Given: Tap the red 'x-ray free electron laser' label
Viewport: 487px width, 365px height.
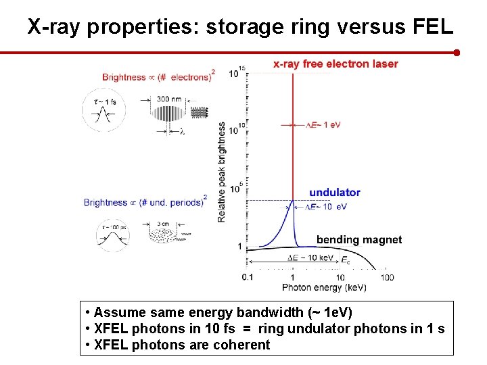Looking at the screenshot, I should pos(335,64).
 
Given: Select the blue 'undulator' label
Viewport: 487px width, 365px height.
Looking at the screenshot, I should pos(335,193).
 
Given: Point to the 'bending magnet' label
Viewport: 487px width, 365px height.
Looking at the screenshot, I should pos(359,240).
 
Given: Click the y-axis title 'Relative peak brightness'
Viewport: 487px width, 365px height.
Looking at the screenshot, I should pos(222,172).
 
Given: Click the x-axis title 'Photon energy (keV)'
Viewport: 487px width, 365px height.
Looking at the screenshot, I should pos(324,287).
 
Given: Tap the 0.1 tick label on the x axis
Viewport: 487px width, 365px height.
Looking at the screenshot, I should pos(248,277).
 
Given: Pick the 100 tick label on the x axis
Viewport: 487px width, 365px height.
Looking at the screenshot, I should pos(387,277).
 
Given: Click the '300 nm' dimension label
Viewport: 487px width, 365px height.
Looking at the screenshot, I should pos(168,99).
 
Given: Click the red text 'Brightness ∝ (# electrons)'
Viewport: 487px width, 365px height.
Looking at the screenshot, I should pos(158,76).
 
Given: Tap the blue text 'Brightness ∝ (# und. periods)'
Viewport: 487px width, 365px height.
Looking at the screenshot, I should pos(144,202).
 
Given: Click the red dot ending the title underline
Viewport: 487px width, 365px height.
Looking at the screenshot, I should pos(457,52).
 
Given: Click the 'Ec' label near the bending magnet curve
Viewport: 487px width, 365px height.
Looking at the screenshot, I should pos(346,260).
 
